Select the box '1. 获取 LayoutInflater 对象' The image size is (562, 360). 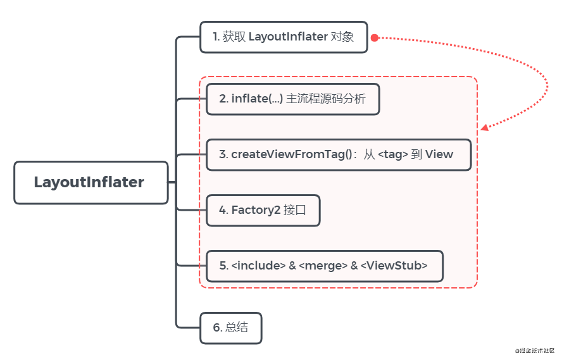(x=283, y=37)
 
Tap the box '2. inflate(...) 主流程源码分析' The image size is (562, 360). (x=292, y=99)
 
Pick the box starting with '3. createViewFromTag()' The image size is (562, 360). (x=339, y=154)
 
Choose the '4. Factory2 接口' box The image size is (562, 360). (x=263, y=211)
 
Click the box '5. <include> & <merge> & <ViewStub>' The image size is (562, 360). (x=324, y=266)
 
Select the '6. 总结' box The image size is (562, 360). (x=230, y=328)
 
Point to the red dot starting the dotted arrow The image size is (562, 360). (x=374, y=38)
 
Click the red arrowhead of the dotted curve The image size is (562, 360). (x=484, y=127)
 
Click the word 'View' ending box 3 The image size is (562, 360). (x=440, y=154)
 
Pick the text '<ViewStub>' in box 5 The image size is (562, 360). (x=394, y=266)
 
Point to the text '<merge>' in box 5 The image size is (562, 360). (x=323, y=266)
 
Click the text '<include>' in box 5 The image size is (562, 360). (x=258, y=266)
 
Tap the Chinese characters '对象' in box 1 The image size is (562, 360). (x=343, y=37)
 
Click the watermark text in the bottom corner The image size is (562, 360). (x=535, y=351)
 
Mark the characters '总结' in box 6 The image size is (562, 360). (x=237, y=328)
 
